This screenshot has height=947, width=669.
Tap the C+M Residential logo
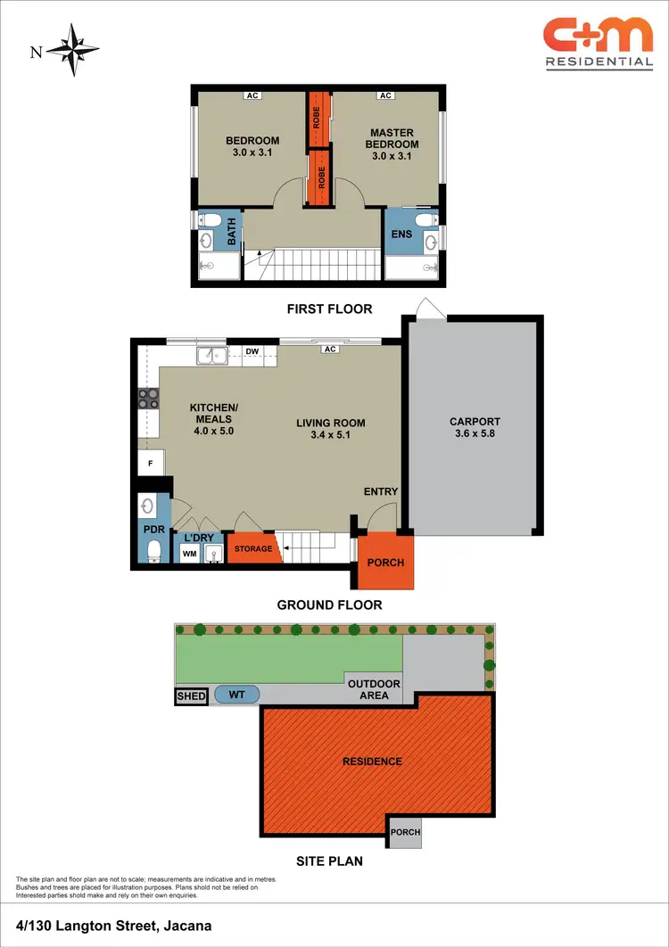[598, 43]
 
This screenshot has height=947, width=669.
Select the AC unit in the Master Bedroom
[385, 96]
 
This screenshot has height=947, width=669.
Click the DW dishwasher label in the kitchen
[252, 352]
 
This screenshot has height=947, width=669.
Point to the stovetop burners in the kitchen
[147, 399]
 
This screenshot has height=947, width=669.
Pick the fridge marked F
[149, 464]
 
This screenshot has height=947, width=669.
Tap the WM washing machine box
[190, 555]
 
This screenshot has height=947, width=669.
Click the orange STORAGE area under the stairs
[253, 548]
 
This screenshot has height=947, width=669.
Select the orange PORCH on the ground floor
[385, 563]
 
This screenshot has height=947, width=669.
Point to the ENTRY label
[381, 491]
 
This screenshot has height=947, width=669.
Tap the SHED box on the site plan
[192, 696]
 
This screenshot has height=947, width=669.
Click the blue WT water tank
[237, 695]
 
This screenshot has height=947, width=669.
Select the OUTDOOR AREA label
[374, 689]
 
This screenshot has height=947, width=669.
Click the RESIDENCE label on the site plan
[372, 762]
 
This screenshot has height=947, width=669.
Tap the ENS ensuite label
[401, 235]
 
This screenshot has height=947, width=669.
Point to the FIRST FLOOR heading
[329, 309]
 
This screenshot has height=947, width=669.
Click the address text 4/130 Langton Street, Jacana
[113, 926]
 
